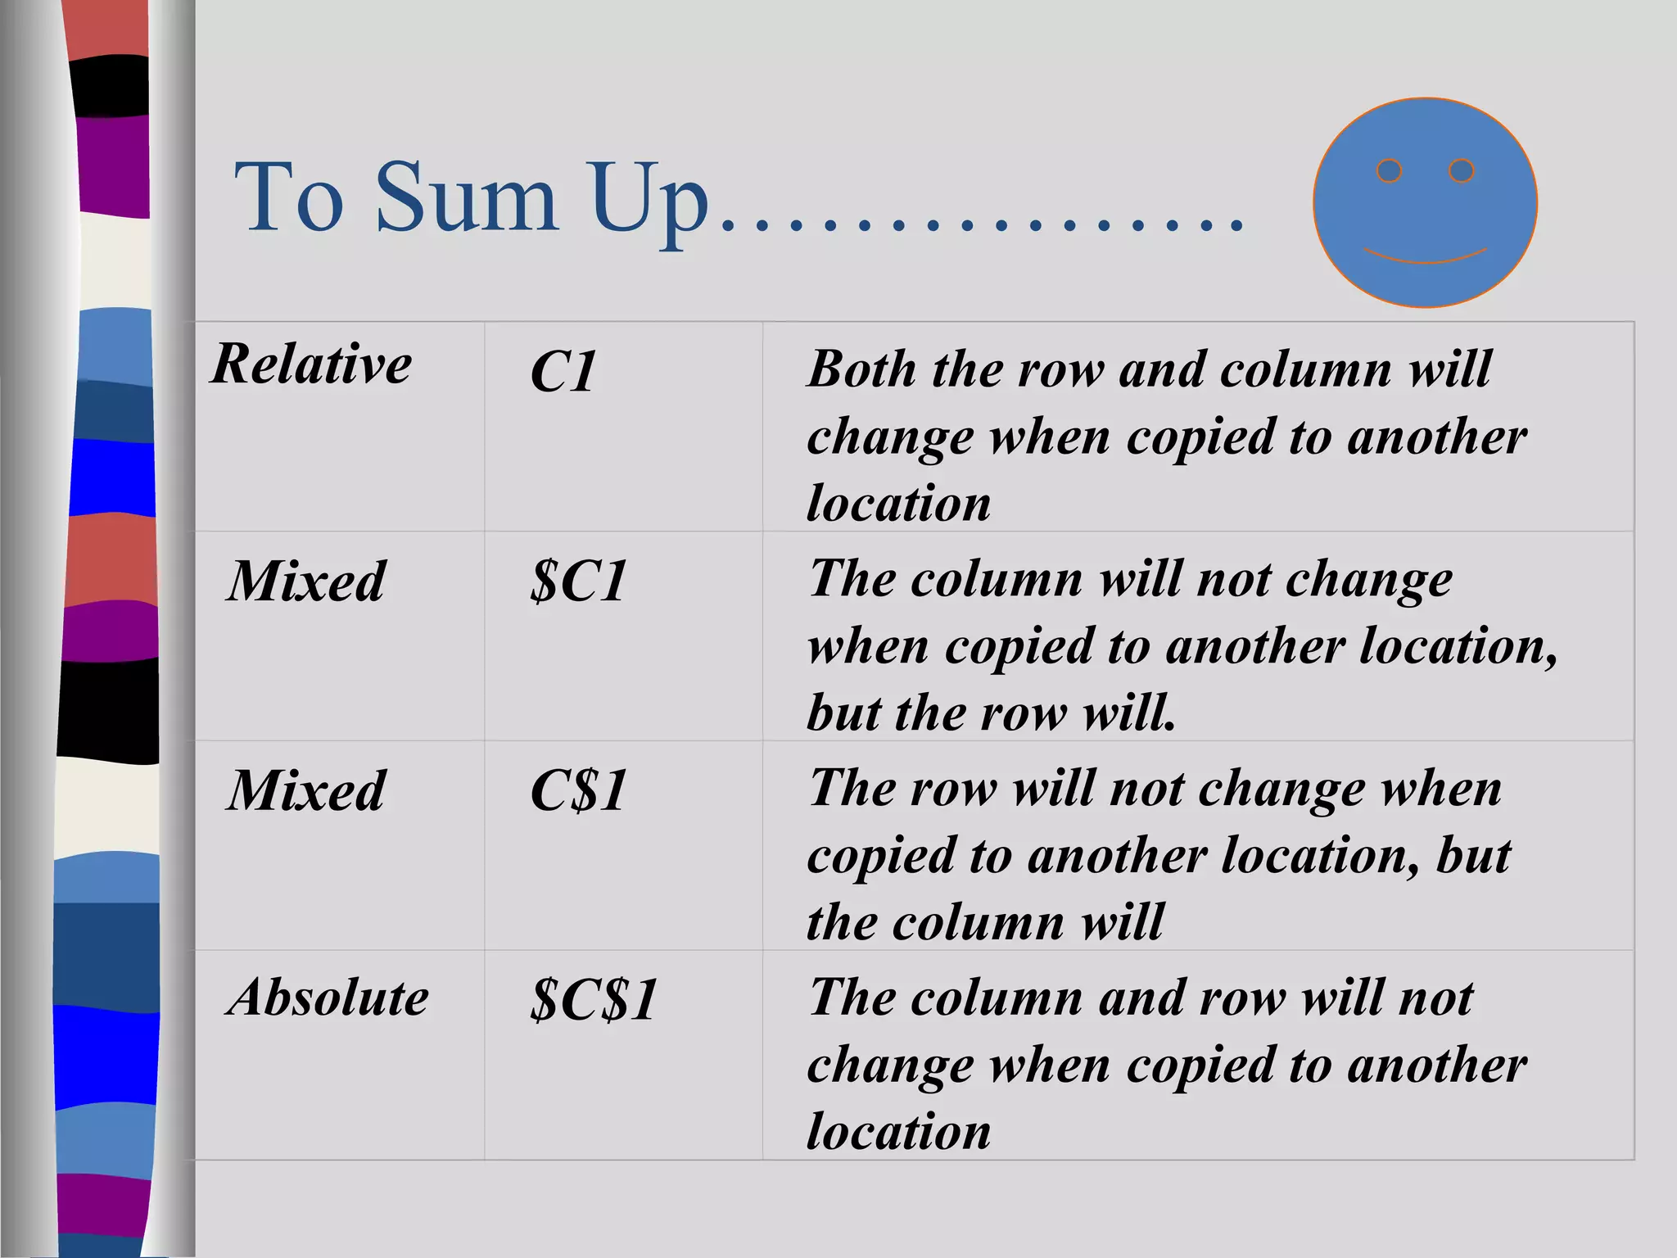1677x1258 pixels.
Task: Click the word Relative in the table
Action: (311, 364)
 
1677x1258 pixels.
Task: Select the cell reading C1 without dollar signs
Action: (563, 373)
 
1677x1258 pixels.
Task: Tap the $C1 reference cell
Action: (579, 582)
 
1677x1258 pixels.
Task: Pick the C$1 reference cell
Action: (579, 792)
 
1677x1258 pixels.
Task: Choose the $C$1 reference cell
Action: (594, 1000)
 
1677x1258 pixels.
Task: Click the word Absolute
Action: (328, 998)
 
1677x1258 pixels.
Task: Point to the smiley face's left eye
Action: (1390, 171)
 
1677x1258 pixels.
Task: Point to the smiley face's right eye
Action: (1462, 170)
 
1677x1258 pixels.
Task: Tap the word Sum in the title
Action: (467, 198)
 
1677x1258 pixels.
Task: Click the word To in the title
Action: (288, 198)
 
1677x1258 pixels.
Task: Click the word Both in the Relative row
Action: (861, 369)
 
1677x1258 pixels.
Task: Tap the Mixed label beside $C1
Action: (306, 582)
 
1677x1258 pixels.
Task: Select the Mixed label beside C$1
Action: (306, 792)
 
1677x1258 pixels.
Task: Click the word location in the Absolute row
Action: (899, 1132)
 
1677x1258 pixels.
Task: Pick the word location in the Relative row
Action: (899, 503)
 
